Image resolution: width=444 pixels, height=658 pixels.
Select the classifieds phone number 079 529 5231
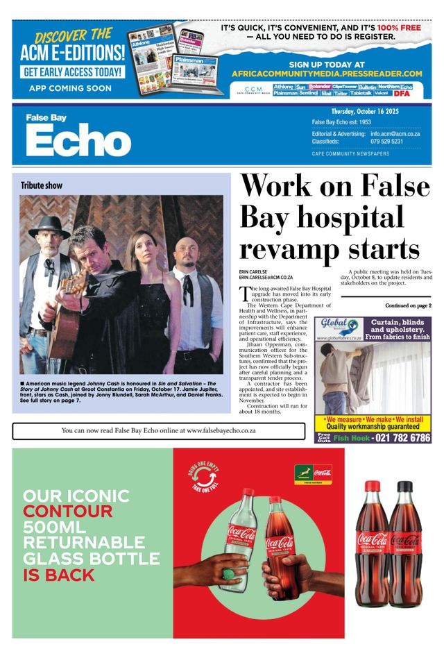click(x=386, y=142)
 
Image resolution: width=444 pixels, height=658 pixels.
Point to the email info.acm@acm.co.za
click(x=395, y=134)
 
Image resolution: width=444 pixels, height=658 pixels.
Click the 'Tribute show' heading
click(x=42, y=185)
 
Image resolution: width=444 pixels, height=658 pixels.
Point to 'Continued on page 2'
click(x=408, y=305)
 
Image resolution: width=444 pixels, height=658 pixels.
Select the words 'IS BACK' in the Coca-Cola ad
click(x=58, y=575)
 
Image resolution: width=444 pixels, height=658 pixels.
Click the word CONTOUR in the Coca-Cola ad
click(x=67, y=512)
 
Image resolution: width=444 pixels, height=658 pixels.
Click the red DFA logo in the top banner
click(x=402, y=93)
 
